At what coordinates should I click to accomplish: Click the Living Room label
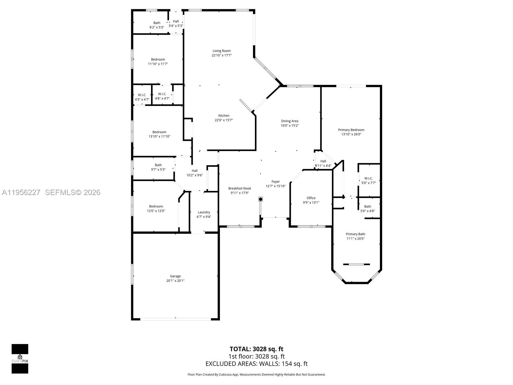222,51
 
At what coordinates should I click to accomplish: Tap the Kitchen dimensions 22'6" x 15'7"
223,120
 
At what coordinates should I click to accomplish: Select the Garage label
175,276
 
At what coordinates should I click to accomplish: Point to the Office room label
311,198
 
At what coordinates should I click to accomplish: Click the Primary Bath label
355,234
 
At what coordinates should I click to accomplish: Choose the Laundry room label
204,212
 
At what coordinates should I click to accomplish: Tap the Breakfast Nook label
240,188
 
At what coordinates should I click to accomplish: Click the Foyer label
275,182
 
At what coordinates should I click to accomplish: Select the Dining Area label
290,121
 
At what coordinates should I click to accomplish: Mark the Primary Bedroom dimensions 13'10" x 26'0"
351,134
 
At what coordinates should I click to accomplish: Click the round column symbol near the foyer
261,199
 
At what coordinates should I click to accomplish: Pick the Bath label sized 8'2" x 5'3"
157,23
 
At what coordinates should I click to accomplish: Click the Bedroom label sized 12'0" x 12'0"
156,206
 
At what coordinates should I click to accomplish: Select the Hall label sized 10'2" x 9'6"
195,171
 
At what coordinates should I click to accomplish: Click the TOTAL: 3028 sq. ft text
256,349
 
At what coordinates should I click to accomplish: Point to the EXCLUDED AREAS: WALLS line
256,364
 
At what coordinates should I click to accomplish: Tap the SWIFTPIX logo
20,359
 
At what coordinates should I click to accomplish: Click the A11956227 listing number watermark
21,192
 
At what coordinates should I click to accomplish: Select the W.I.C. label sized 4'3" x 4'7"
142,95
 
